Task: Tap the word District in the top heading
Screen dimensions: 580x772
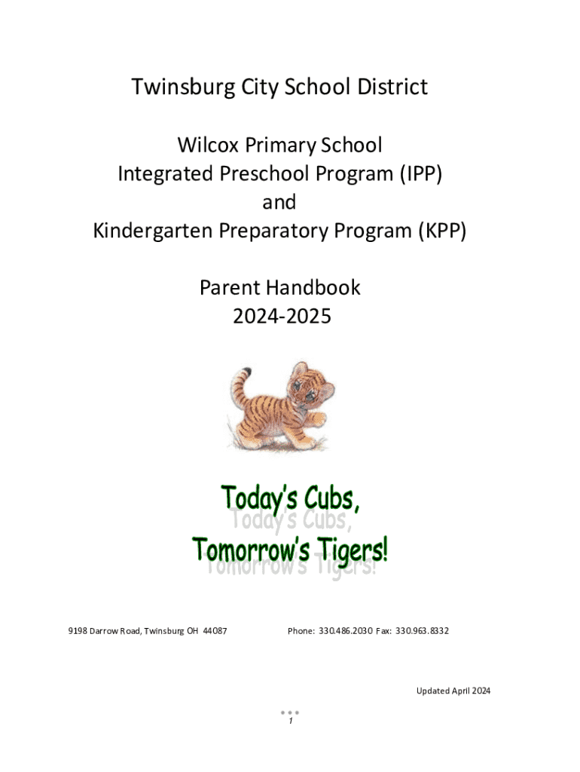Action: [x=392, y=87]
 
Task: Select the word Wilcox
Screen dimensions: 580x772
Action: [x=209, y=145]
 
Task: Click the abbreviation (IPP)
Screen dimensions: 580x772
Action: [x=420, y=174]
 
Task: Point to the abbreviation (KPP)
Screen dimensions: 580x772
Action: [x=442, y=231]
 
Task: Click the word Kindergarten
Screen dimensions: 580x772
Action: [x=152, y=231]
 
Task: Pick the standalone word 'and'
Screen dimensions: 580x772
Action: [x=279, y=202]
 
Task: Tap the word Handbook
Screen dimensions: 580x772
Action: [x=313, y=287]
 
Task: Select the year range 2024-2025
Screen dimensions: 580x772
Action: [x=282, y=316]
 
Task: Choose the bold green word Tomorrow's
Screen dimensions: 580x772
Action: [x=251, y=549]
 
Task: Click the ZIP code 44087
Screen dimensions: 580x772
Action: [x=215, y=631]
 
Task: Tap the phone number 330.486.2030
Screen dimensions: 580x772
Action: [x=345, y=631]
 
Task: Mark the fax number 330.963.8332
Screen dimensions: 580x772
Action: [x=422, y=631]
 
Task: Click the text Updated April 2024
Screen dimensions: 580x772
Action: [x=453, y=691]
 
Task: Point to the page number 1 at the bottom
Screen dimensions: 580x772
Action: [x=290, y=721]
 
